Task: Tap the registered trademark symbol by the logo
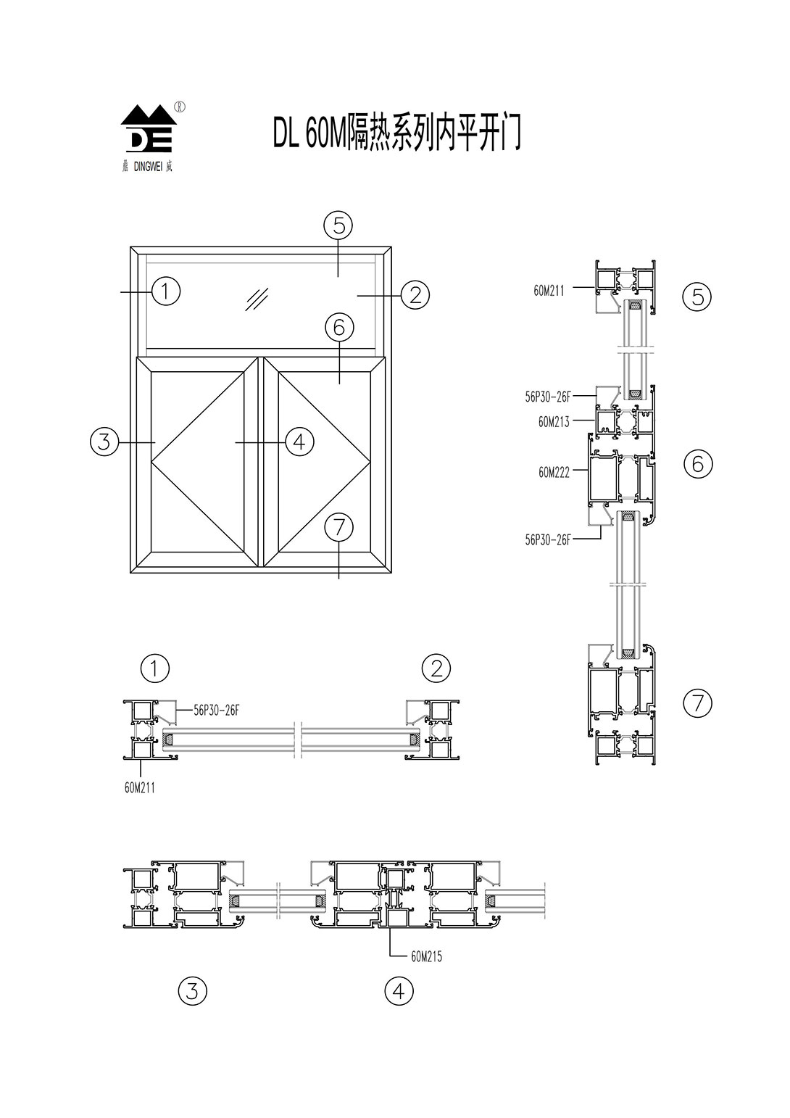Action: pyautogui.click(x=180, y=106)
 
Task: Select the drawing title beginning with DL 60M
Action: pyautogui.click(x=396, y=132)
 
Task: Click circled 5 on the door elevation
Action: pyautogui.click(x=338, y=225)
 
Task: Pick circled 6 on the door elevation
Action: pyautogui.click(x=338, y=328)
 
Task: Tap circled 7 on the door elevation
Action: pyautogui.click(x=338, y=527)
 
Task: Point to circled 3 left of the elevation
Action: pyautogui.click(x=104, y=441)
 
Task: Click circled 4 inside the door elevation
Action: pyautogui.click(x=299, y=441)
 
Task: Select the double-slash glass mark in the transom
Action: pyautogui.click(x=257, y=299)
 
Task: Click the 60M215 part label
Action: pyautogui.click(x=426, y=956)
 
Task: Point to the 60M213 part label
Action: pyautogui.click(x=554, y=422)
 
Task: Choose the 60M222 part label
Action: pyautogui.click(x=554, y=472)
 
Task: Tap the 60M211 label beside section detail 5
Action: pyautogui.click(x=549, y=291)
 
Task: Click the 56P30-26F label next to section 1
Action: pyautogui.click(x=216, y=711)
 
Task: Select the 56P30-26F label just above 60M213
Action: pyautogui.click(x=548, y=397)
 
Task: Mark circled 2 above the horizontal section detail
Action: pyautogui.click(x=436, y=668)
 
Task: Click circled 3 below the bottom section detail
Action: pyautogui.click(x=192, y=990)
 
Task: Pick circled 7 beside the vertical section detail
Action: pyautogui.click(x=698, y=702)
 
